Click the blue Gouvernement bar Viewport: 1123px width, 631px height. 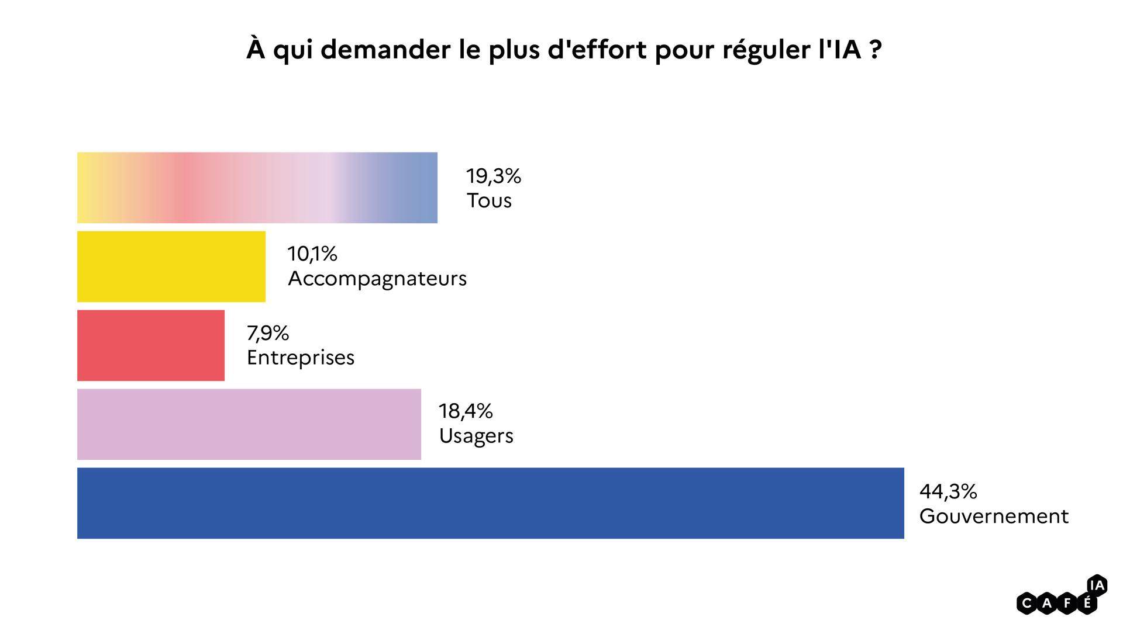[490, 503]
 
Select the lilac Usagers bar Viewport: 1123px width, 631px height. [249, 424]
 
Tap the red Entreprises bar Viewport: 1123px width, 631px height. [150, 345]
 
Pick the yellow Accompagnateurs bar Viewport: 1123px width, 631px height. [171, 266]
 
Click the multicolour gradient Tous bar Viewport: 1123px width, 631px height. [257, 188]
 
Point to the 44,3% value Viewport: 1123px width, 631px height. [948, 491]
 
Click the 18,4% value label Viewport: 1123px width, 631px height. [466, 411]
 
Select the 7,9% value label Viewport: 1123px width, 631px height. [268, 333]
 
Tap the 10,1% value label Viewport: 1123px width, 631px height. [312, 254]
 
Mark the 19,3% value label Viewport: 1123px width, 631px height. [493, 176]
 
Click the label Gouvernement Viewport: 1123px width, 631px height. [994, 516]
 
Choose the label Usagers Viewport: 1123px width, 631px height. [476, 436]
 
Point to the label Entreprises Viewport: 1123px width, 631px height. [301, 357]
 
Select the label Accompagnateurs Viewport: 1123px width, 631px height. [377, 279]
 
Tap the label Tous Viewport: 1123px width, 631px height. [489, 200]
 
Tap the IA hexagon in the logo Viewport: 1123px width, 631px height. [1097, 585]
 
